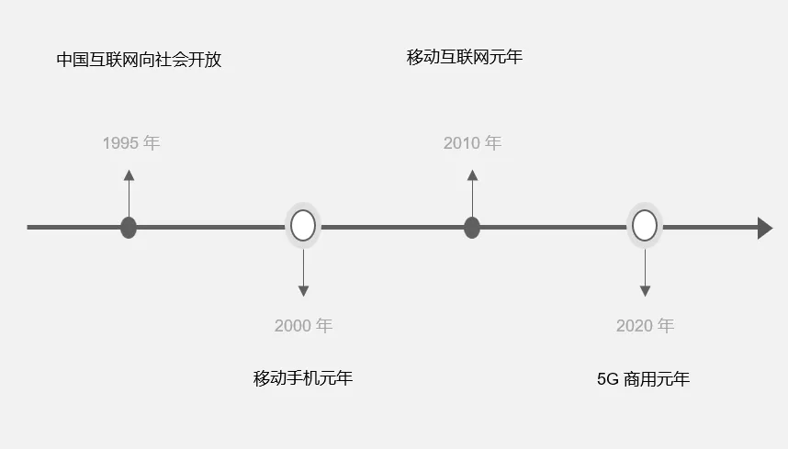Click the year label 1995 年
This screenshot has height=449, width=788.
[131, 143]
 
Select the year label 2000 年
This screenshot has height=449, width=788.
[303, 326]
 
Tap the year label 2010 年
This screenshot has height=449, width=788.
[472, 143]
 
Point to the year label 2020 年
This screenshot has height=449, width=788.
[645, 326]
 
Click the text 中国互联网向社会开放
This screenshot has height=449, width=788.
[139, 61]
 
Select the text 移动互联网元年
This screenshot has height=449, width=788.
[465, 57]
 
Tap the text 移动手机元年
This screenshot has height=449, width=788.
[303, 378]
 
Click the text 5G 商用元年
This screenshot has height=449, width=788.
[643, 378]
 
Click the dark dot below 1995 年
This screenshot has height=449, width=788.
[129, 227]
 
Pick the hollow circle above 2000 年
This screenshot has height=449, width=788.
[303, 226]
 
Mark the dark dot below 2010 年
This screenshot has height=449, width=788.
[472, 227]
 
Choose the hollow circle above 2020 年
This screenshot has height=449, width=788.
[645, 226]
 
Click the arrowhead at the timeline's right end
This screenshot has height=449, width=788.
[764, 228]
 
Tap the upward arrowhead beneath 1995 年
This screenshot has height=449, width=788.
[129, 175]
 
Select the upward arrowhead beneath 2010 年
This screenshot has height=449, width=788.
[472, 175]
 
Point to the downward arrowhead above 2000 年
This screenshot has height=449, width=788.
[303, 291]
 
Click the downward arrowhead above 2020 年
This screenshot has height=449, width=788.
[645, 291]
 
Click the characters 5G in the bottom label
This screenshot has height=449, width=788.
[607, 378]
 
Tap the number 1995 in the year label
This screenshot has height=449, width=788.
[119, 143]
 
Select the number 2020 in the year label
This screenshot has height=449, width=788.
[634, 326]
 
